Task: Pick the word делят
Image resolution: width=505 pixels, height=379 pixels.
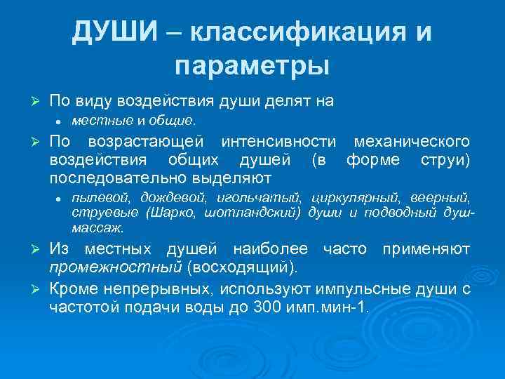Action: [277, 101]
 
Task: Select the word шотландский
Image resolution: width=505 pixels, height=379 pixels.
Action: [260, 212]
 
